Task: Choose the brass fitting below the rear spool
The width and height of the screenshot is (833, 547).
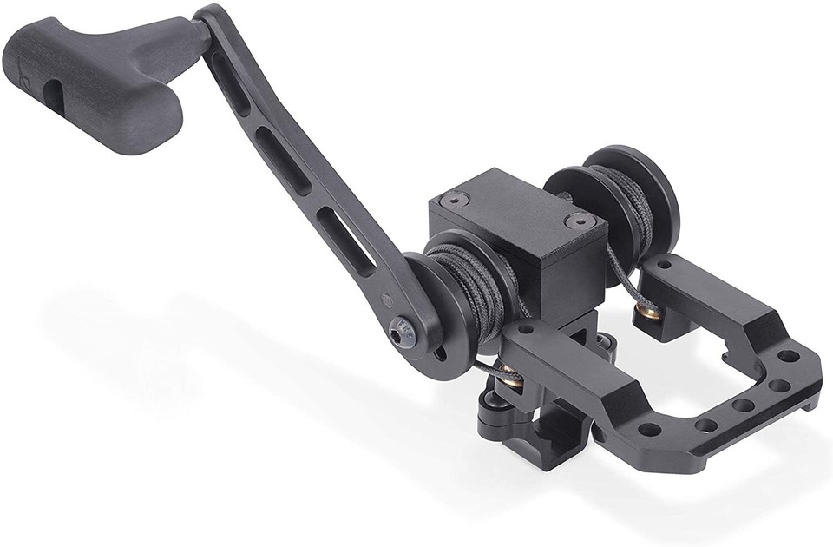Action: [x=648, y=307]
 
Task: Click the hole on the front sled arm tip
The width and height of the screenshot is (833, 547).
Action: [x=524, y=330]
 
